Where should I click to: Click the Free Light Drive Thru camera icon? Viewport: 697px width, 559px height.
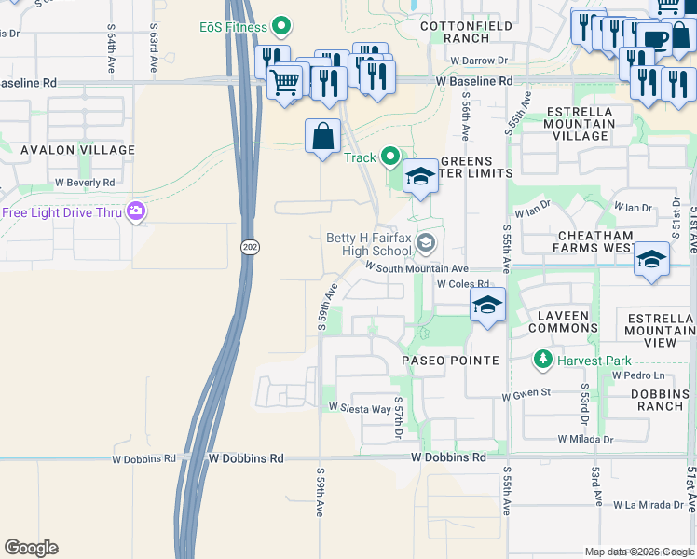[137, 212]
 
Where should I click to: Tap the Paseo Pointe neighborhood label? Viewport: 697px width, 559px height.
[450, 360]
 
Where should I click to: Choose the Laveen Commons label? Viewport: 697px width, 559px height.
[564, 321]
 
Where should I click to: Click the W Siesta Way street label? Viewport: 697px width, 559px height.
[360, 408]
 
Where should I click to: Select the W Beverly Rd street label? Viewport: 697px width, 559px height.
[84, 183]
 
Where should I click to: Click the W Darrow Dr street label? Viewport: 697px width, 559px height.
[478, 61]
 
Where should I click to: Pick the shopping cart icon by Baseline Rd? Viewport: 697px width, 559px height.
[285, 81]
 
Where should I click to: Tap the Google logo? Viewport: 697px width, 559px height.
[31, 548]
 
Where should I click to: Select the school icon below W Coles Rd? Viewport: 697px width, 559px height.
[487, 305]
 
